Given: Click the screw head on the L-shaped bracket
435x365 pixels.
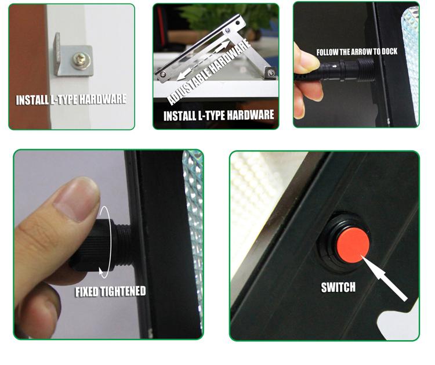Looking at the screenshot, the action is coord(79,59).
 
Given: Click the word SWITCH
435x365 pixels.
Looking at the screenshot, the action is coord(338,287).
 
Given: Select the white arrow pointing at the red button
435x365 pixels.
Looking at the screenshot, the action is coord(384,278).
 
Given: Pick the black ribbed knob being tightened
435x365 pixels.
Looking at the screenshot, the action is coord(92,244).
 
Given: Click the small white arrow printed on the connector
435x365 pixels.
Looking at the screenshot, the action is coord(335,66).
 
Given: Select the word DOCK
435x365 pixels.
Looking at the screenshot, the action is coord(389,51).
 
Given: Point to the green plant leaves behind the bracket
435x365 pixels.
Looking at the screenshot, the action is coord(222,14).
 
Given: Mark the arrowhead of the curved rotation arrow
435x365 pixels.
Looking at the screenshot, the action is coord(103,273).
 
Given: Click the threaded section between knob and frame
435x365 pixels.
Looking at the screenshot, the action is coord(123,244).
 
